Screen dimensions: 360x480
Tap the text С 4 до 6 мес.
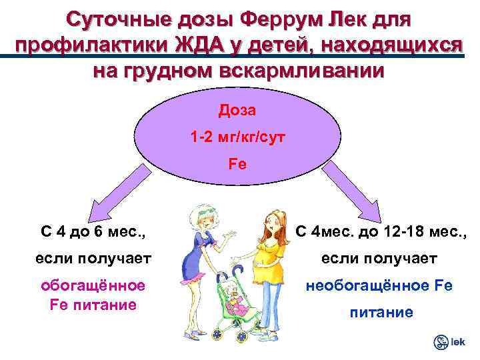94,233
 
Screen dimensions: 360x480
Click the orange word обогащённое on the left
93,285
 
